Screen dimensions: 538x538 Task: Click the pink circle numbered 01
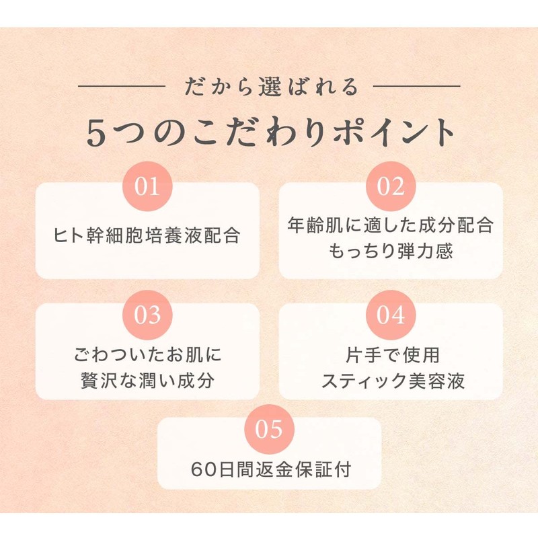click(x=147, y=186)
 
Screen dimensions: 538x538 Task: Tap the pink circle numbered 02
click(x=391, y=186)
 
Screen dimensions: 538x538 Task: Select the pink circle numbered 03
click(x=147, y=315)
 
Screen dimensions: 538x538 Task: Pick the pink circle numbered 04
click(x=391, y=315)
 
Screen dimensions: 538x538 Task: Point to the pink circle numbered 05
click(x=270, y=429)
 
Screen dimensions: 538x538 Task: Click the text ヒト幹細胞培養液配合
click(x=147, y=235)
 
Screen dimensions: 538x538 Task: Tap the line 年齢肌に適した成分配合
click(x=391, y=225)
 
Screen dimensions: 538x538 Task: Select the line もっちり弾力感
click(x=391, y=251)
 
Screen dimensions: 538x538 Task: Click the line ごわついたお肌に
click(x=148, y=354)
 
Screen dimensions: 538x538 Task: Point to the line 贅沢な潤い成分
click(x=148, y=381)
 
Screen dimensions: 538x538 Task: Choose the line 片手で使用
click(x=393, y=354)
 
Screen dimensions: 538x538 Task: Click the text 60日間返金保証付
click(x=271, y=469)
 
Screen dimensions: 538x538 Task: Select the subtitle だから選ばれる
click(x=272, y=87)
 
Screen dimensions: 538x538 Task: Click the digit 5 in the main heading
click(x=95, y=133)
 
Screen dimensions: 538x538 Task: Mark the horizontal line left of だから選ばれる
click(x=122, y=86)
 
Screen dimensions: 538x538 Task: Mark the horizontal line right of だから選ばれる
click(x=416, y=86)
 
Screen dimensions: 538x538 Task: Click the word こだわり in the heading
click(x=259, y=132)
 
